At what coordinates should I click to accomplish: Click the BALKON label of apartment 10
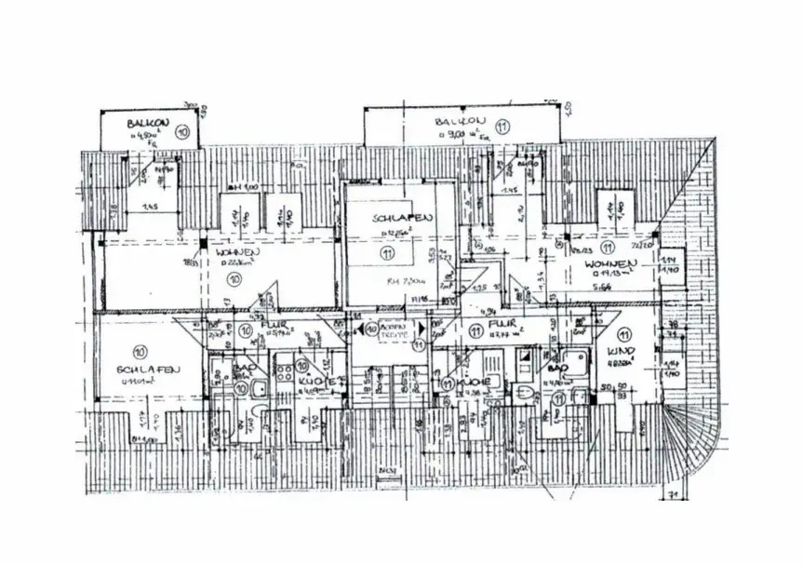(x=146, y=122)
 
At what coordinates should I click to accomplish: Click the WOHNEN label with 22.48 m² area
(x=236, y=252)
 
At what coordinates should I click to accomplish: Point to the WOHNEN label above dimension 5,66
(x=609, y=264)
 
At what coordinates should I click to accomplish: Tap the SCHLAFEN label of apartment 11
(x=402, y=218)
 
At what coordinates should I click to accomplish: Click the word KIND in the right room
(x=620, y=351)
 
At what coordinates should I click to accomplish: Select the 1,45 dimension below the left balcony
(x=149, y=207)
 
